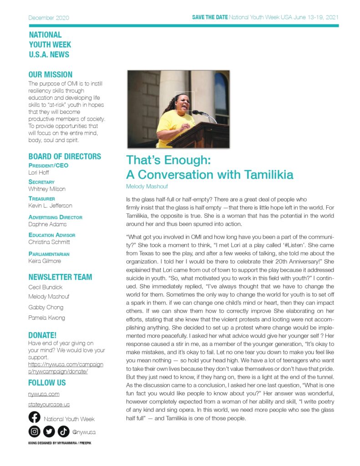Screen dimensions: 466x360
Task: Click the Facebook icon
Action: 34,417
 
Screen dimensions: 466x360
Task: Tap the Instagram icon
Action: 34,431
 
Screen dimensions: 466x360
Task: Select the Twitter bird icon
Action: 49,431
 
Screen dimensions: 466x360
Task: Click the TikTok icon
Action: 63,431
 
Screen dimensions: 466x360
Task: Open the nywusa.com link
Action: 44,394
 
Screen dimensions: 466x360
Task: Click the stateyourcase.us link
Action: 49,404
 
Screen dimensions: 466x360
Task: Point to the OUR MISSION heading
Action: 50,75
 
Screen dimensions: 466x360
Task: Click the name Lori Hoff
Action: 39,172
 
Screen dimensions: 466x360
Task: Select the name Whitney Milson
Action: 47,189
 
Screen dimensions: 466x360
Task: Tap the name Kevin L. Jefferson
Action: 50,206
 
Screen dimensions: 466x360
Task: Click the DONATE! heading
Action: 42,335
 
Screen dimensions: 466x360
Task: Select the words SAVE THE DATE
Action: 210,18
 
